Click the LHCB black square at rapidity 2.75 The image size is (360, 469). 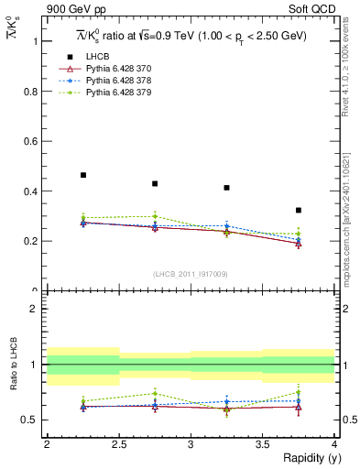click(155, 183)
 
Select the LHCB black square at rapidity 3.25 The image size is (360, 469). click(226, 188)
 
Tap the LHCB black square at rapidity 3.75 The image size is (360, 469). click(299, 210)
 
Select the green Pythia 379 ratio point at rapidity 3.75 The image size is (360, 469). click(299, 392)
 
